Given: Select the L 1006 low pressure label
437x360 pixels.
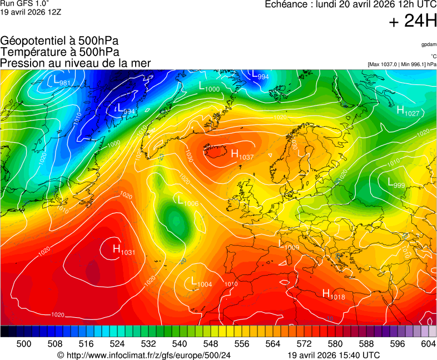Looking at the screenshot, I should pyautogui.click(x=187, y=201).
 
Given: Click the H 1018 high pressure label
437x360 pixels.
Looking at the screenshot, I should pyautogui.click(x=333, y=294).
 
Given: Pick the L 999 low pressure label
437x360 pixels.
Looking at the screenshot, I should pyautogui.click(x=396, y=182).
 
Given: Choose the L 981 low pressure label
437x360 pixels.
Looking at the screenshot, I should pyautogui.click(x=61, y=82).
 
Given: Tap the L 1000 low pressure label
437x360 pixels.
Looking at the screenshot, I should pyautogui.click(x=209, y=87).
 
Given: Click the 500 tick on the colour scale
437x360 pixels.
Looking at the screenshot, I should pyautogui.click(x=24, y=344).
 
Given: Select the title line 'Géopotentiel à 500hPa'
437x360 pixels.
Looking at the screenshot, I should pyautogui.click(x=59, y=41).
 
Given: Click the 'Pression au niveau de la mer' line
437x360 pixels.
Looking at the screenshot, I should pyautogui.click(x=76, y=63).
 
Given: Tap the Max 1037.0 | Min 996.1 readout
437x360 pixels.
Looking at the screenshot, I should pyautogui.click(x=402, y=64).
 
